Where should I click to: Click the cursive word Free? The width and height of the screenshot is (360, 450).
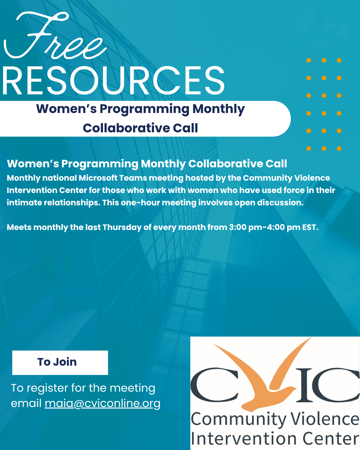click(55, 36)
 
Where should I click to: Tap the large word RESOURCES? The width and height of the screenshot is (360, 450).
click(113, 81)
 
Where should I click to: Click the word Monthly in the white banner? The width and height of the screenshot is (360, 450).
click(219, 109)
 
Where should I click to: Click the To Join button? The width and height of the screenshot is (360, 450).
click(60, 363)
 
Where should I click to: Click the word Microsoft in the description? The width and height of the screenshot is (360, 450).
click(98, 178)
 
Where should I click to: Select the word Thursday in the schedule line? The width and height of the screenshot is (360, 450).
click(122, 228)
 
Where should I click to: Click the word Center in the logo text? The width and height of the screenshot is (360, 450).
click(331, 439)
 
